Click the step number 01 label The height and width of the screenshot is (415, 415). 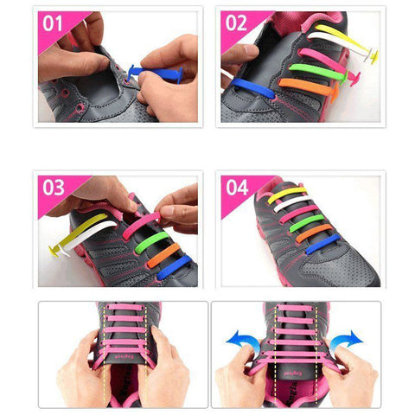(52, 23)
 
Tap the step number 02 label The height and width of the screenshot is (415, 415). (236, 23)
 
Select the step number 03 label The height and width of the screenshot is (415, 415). (54, 188)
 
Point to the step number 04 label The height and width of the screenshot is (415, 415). (237, 188)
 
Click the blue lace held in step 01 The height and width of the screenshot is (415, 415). (156, 72)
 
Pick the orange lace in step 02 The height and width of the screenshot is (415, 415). (309, 88)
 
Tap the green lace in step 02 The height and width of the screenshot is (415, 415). (318, 72)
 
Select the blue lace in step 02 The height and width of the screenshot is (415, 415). (252, 88)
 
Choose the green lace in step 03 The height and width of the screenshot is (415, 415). (151, 242)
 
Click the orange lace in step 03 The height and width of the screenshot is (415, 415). (163, 255)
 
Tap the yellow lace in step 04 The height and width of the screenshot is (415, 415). (287, 195)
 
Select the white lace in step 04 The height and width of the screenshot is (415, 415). (292, 203)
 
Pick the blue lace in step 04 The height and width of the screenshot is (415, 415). (322, 245)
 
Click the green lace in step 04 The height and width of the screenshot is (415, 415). (306, 223)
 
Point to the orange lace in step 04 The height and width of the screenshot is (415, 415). (314, 233)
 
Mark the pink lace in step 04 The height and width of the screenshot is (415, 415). (299, 214)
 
